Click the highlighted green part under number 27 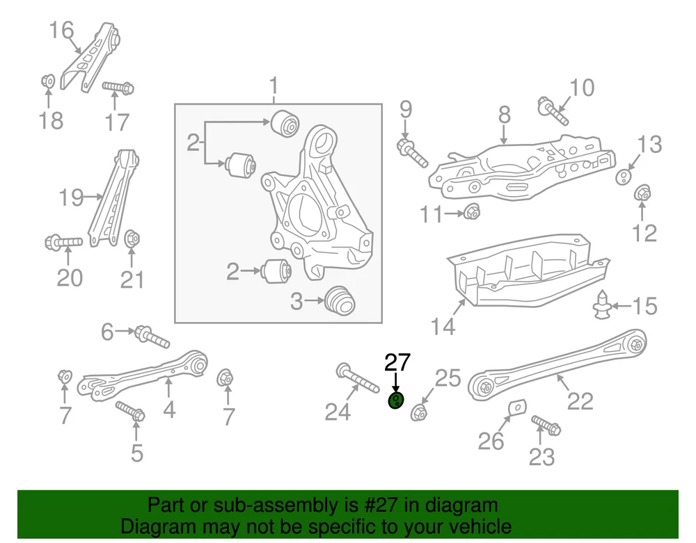(x=395, y=400)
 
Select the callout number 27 (x=398, y=362)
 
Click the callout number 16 (x=61, y=30)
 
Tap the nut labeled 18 (x=48, y=81)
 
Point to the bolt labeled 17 (x=118, y=88)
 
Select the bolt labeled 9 (x=412, y=152)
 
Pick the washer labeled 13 (x=624, y=175)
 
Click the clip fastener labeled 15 (x=601, y=305)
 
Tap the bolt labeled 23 (x=546, y=425)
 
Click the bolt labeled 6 (x=151, y=337)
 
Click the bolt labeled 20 (x=63, y=243)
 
